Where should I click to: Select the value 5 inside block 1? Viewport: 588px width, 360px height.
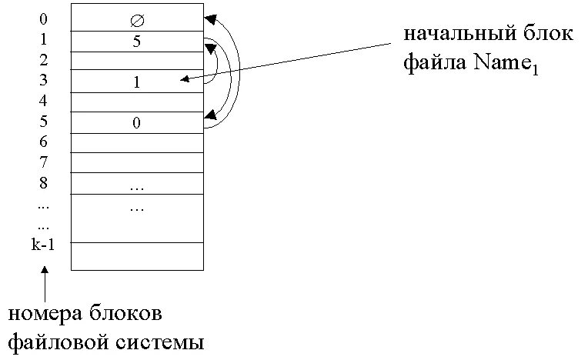(137, 42)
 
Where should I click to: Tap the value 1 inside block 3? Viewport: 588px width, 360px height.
(137, 83)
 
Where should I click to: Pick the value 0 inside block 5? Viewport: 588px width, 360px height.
(137, 123)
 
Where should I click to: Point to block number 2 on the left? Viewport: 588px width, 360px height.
(43, 60)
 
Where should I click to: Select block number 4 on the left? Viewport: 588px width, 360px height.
(43, 101)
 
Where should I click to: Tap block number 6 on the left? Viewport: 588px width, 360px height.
(43, 142)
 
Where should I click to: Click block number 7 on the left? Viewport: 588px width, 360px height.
(43, 162)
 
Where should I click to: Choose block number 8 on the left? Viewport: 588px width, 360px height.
(43, 182)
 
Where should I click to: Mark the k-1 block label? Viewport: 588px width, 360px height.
(45, 245)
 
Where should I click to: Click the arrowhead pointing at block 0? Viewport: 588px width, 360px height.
(209, 18)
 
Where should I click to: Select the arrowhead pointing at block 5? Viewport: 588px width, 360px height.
(209, 117)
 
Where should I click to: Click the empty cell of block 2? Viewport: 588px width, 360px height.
(137, 60)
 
